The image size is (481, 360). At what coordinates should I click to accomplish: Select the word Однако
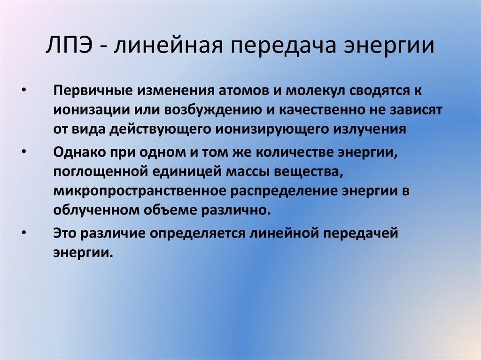click(x=77, y=153)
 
